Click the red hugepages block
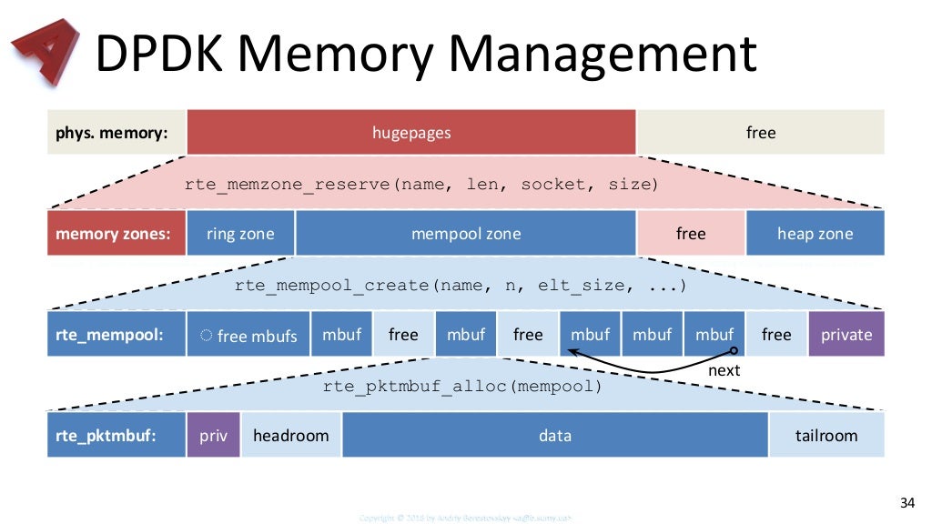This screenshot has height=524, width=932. pyautogui.click(x=410, y=133)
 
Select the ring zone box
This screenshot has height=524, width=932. pyautogui.click(x=240, y=234)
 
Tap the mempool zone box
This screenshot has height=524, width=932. pyautogui.click(x=465, y=234)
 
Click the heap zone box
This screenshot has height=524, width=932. pyautogui.click(x=815, y=234)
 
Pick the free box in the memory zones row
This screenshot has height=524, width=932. pyautogui.click(x=691, y=234)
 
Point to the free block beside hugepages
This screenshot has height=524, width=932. pyautogui.click(x=760, y=133)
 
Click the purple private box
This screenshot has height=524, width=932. pyautogui.click(x=846, y=334)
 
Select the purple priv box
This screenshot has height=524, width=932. pyautogui.click(x=214, y=435)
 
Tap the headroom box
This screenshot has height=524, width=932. pyautogui.click(x=291, y=435)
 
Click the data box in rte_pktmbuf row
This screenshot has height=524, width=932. pyautogui.click(x=555, y=435)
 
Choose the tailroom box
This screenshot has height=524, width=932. pyautogui.click(x=826, y=435)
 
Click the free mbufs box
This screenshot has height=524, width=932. pyautogui.click(x=248, y=335)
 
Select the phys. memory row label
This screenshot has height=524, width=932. pyautogui.click(x=116, y=133)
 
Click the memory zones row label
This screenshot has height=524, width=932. pyautogui.click(x=116, y=234)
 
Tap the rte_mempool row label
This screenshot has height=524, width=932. pyautogui.click(x=116, y=334)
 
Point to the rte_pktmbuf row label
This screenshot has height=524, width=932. pyautogui.click(x=116, y=435)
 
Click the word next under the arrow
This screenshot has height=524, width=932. pyautogui.click(x=724, y=370)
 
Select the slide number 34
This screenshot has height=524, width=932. pyautogui.click(x=906, y=503)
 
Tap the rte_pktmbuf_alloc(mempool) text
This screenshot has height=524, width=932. pyautogui.click(x=463, y=387)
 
